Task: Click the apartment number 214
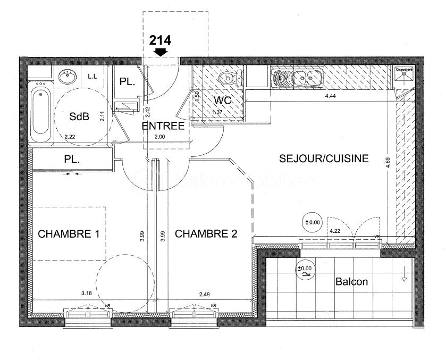[x=160, y=39]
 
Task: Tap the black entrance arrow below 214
[x=160, y=52]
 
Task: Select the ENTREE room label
[x=163, y=126]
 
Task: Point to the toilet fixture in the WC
[x=228, y=79]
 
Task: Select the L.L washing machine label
[x=92, y=77]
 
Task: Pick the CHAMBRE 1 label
[x=69, y=233]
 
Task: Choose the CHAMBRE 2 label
[x=206, y=233]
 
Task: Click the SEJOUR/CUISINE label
[x=324, y=158]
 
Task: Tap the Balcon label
[x=351, y=282]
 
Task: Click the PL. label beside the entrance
[x=128, y=82]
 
